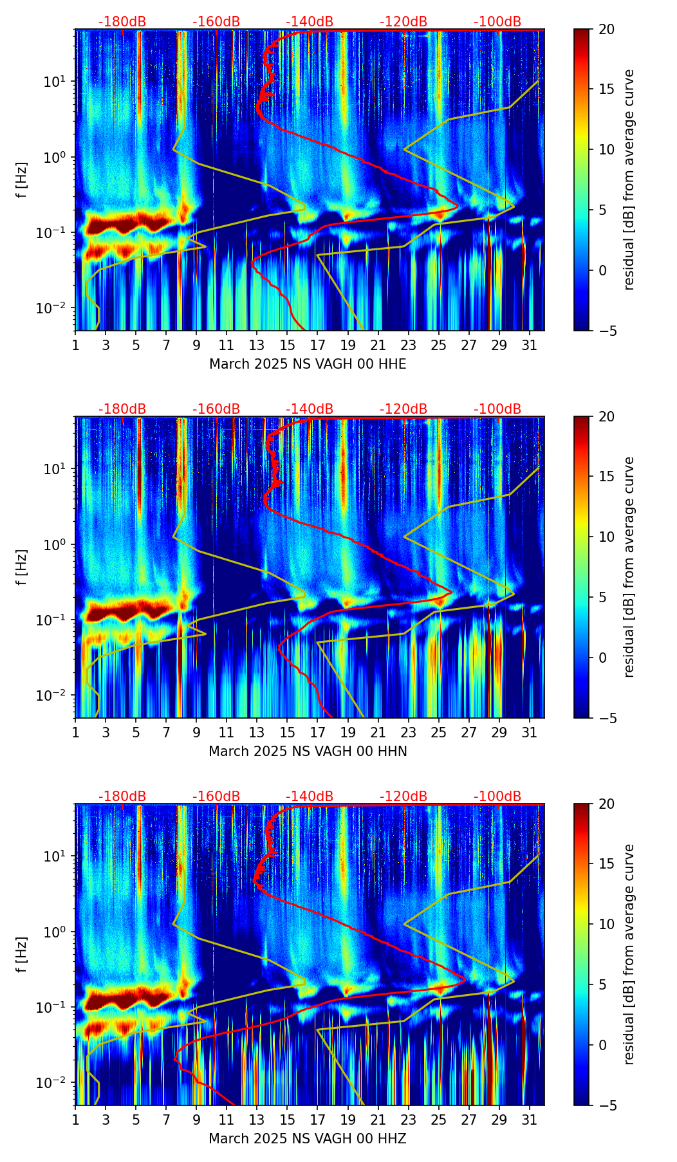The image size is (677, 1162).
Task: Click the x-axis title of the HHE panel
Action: click(x=308, y=364)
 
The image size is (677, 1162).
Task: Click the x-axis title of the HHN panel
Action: click(x=308, y=752)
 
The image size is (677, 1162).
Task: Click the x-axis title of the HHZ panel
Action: click(x=308, y=1139)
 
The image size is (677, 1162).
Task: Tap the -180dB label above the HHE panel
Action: click(x=122, y=22)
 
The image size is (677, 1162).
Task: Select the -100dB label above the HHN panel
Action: click(x=497, y=409)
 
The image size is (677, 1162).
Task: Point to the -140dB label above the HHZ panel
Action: click(x=310, y=797)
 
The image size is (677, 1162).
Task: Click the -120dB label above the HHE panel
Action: click(x=403, y=22)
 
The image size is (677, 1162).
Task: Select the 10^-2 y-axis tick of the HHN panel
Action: click(x=55, y=696)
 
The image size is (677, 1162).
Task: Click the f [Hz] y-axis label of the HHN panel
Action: click(x=22, y=567)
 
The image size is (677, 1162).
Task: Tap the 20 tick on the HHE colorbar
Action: click(x=606, y=30)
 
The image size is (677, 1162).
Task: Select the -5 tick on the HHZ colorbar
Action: click(x=608, y=1105)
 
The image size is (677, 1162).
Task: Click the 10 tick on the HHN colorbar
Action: click(x=606, y=537)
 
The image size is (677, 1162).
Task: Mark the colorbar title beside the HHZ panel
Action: click(x=629, y=954)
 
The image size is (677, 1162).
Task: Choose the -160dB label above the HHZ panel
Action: click(x=216, y=797)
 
